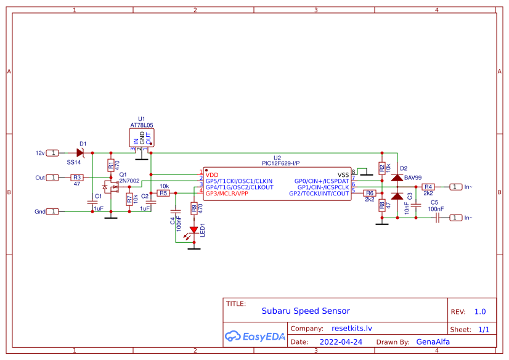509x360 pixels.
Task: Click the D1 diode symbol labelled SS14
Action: point(79,152)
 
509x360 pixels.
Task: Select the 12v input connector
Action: point(54,152)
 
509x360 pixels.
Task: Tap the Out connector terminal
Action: point(54,178)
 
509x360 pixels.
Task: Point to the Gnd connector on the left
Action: point(54,211)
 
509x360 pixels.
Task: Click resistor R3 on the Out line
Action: point(77,178)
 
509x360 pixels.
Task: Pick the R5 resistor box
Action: point(163,193)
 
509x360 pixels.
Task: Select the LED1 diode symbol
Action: point(194,230)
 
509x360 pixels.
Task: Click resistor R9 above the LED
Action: point(194,208)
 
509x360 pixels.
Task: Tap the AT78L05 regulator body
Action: point(142,137)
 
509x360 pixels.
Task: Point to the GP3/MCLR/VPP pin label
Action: point(227,194)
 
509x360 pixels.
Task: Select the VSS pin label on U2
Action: point(343,175)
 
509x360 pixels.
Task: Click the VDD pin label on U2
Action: point(213,175)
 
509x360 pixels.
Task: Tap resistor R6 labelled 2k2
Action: point(370,193)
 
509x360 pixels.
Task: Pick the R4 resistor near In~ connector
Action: point(428,187)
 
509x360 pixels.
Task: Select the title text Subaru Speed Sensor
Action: point(306,311)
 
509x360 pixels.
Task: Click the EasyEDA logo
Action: point(254,336)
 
